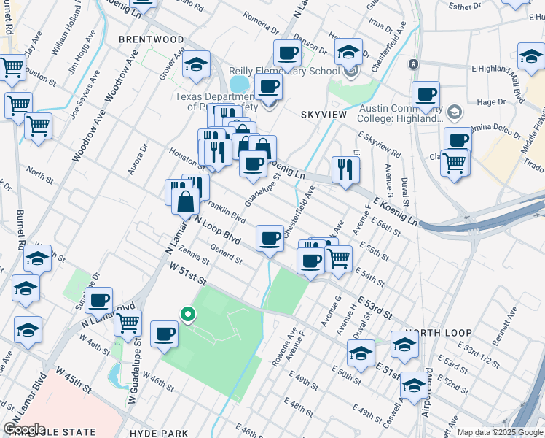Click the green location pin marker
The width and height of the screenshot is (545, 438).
click(x=187, y=315)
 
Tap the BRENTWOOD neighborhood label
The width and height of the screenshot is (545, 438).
click(x=151, y=39)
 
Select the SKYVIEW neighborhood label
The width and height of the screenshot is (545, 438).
click(x=323, y=115)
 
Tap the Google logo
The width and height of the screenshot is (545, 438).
click(x=24, y=429)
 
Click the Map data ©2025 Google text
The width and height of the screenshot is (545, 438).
click(x=500, y=432)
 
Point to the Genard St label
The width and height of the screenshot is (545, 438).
click(x=226, y=253)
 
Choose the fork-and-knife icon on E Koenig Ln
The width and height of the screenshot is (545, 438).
click(x=345, y=169)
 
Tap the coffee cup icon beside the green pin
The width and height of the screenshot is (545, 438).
click(x=164, y=334)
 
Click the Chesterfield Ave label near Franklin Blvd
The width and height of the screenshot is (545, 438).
click(x=299, y=210)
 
